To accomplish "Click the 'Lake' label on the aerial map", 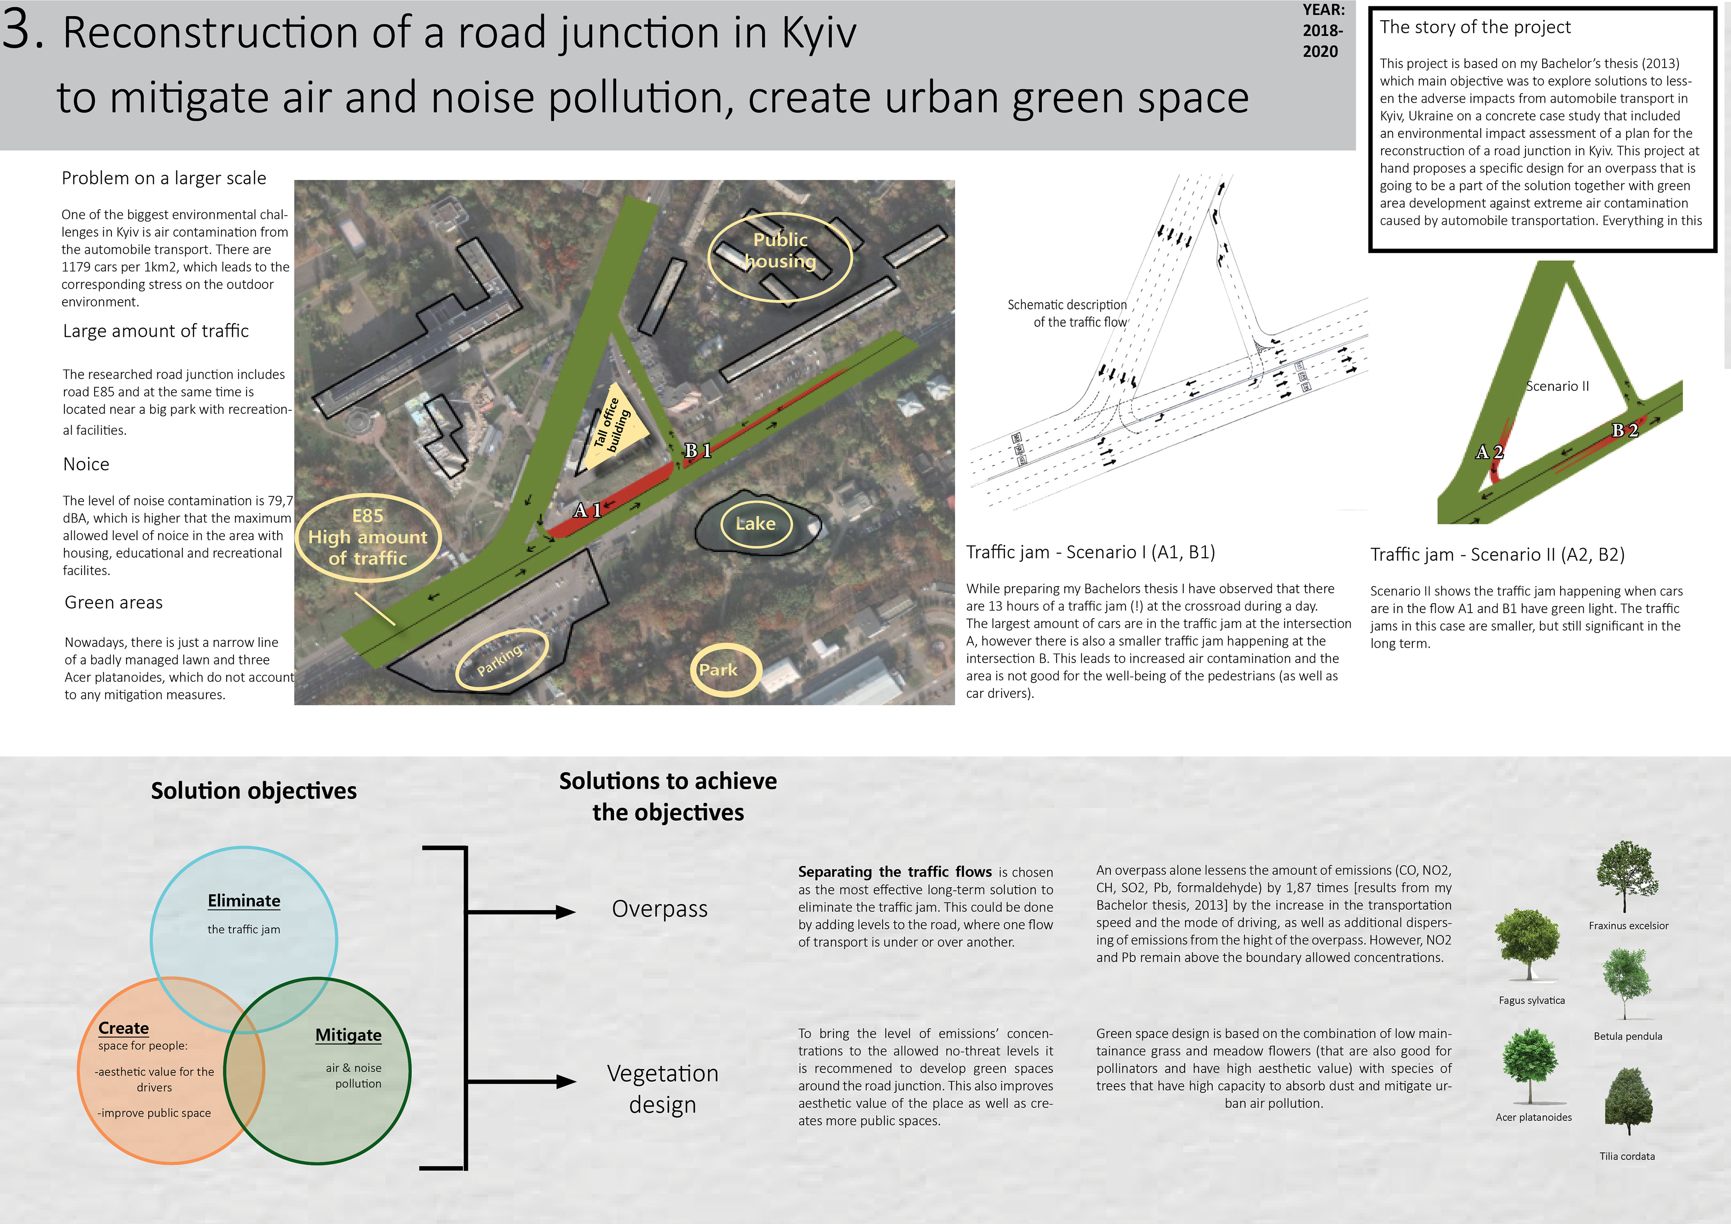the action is [756, 523].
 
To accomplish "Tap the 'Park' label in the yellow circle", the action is [718, 669].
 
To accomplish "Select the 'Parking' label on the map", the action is [499, 660].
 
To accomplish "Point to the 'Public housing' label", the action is [780, 250].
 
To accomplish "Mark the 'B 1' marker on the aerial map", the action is [697, 451].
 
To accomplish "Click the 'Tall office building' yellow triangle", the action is [614, 430].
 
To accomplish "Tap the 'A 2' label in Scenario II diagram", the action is [1489, 453].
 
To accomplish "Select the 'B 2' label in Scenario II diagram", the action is [1625, 431].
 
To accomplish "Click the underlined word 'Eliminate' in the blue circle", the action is [243, 900].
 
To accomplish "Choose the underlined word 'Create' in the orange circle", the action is [124, 1028].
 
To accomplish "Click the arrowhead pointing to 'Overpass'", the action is [565, 912].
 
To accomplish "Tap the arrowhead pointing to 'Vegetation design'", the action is [565, 1082].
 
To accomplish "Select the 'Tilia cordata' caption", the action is [1627, 1156].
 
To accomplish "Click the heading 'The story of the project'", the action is [1475, 27].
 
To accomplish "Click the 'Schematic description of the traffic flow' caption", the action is [1067, 313].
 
